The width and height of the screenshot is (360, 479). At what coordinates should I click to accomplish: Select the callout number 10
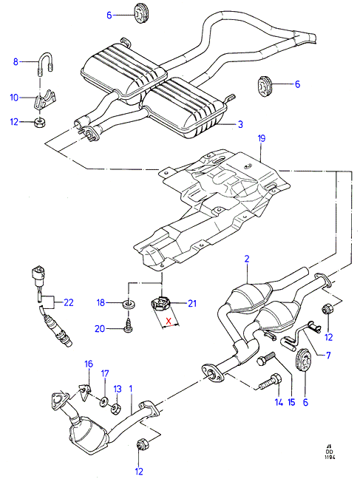click(x=14, y=98)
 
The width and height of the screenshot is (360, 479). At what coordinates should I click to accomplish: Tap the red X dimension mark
click(x=169, y=321)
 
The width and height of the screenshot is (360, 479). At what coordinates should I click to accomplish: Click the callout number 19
click(x=262, y=138)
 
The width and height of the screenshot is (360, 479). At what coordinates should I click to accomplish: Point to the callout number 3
click(x=240, y=124)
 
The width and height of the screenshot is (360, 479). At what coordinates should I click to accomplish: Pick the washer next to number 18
click(x=129, y=305)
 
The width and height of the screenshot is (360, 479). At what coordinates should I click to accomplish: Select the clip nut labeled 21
click(x=160, y=303)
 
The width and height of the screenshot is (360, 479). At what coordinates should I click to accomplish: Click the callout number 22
click(x=69, y=302)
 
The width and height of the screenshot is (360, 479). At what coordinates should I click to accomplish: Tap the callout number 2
click(x=247, y=259)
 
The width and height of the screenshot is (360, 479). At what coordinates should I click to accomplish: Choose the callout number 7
click(x=328, y=356)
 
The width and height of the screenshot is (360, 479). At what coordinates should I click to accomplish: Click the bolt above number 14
click(x=269, y=382)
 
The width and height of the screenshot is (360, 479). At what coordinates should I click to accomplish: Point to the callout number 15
click(x=291, y=402)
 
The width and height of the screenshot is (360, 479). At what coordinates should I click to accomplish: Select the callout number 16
click(x=89, y=364)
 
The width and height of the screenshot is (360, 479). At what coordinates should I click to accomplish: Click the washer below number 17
click(x=105, y=401)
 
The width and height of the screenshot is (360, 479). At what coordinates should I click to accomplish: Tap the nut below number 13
click(x=116, y=409)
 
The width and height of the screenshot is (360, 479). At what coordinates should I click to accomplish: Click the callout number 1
click(x=131, y=389)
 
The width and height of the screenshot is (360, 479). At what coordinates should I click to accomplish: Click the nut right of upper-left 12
click(x=39, y=122)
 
